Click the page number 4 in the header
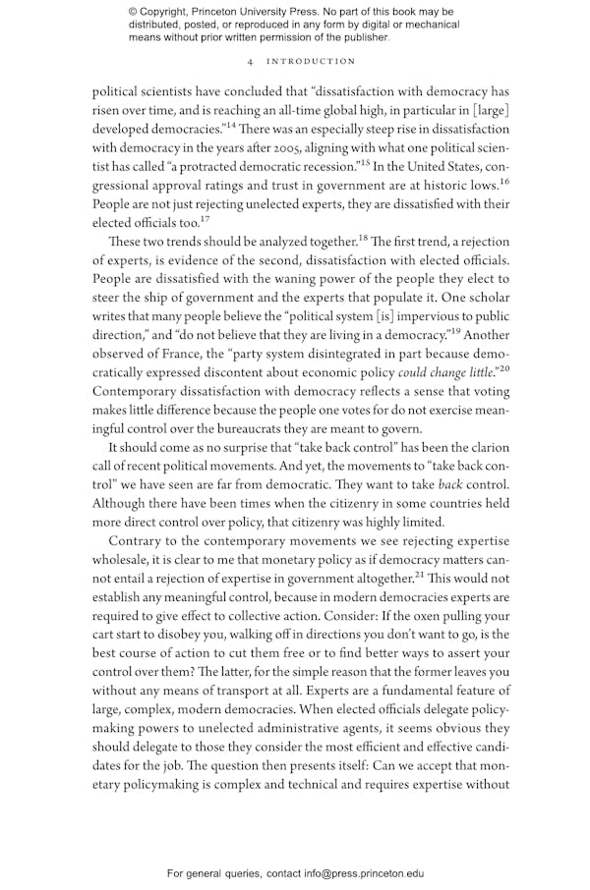pyautogui.click(x=252, y=61)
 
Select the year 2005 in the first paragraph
pyautogui.click(x=274, y=148)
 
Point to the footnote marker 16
pyautogui.click(x=503, y=182)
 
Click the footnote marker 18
pyautogui.click(x=362, y=239)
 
